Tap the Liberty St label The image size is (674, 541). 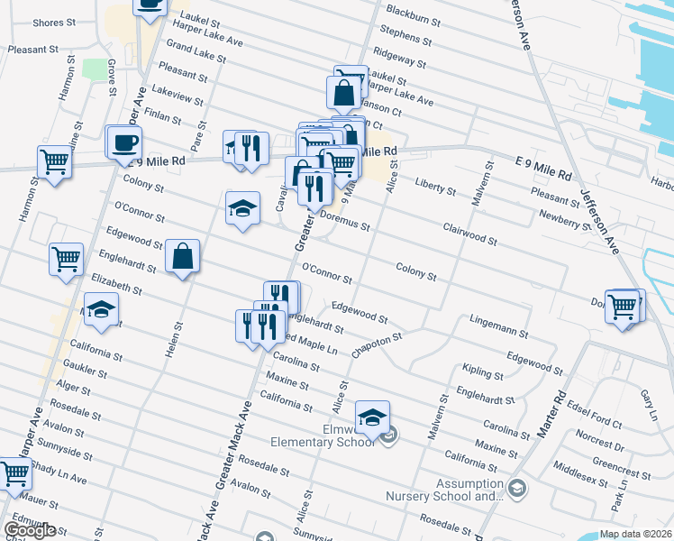coord(435,188)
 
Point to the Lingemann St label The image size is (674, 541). coord(498,326)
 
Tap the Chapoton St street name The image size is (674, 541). coord(376,344)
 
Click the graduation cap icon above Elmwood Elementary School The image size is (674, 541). coord(372,417)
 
